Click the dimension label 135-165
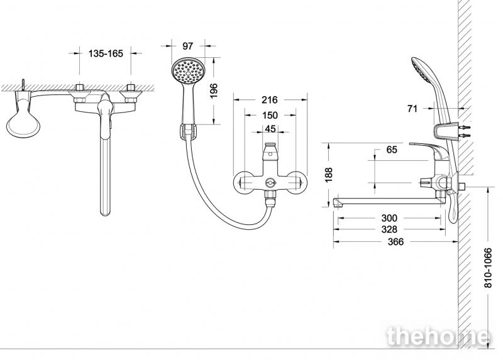[106, 53]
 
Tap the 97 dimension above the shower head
[187, 46]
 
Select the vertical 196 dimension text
[213, 90]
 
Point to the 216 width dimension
[269, 100]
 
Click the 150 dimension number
[270, 115]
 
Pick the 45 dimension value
[270, 129]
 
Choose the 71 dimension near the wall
[412, 109]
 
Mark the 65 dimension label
[392, 150]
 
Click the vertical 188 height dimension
[328, 175]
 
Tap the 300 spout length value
[389, 218]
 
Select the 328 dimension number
[389, 229]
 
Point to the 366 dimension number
[395, 241]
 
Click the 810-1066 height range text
[488, 268]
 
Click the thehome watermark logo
[438, 336]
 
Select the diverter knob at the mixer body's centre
[270, 183]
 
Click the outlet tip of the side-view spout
[336, 202]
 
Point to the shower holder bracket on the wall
[446, 131]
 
